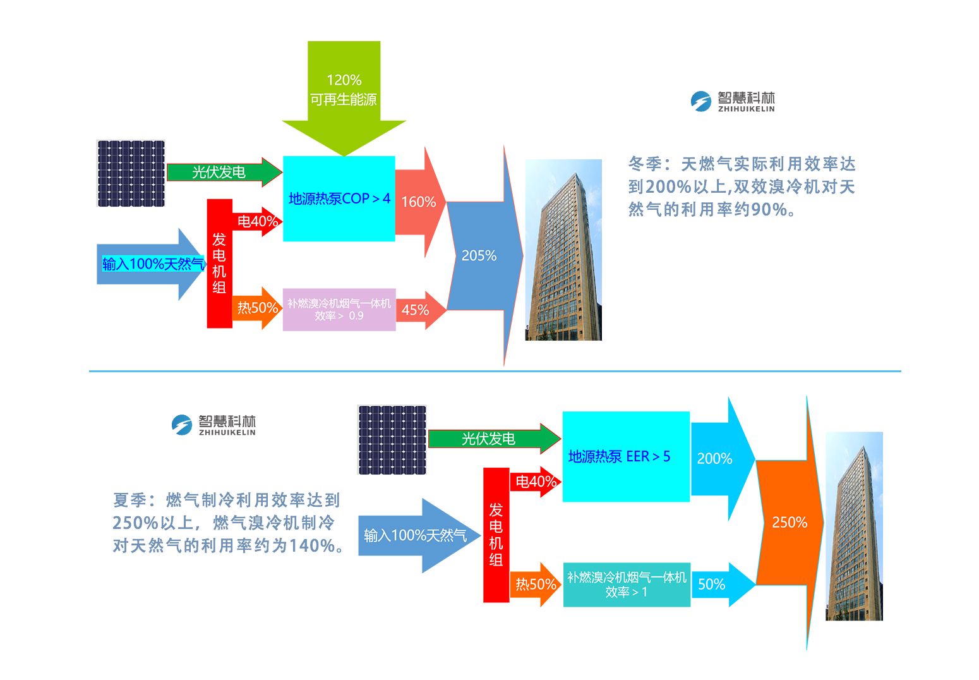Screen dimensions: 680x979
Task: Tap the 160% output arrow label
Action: coord(419,202)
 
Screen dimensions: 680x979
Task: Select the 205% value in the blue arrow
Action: coord(479,256)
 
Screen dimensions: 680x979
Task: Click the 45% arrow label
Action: coord(415,310)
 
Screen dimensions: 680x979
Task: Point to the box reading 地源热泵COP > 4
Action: coord(339,198)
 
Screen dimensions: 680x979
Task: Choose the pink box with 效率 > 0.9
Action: coord(339,310)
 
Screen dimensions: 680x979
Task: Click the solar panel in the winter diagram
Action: coord(131,173)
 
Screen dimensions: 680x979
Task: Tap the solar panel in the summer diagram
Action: coord(392,440)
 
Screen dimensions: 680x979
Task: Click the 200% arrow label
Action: coord(714,459)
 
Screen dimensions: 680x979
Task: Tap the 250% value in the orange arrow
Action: coord(790,523)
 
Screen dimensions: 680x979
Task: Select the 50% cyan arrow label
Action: coord(712,585)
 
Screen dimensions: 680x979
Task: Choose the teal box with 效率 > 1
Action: coord(626,585)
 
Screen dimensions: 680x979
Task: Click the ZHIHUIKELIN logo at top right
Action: coord(733,101)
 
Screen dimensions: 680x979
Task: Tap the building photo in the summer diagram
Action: coord(854,526)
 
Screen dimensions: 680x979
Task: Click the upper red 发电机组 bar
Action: coord(219,264)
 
